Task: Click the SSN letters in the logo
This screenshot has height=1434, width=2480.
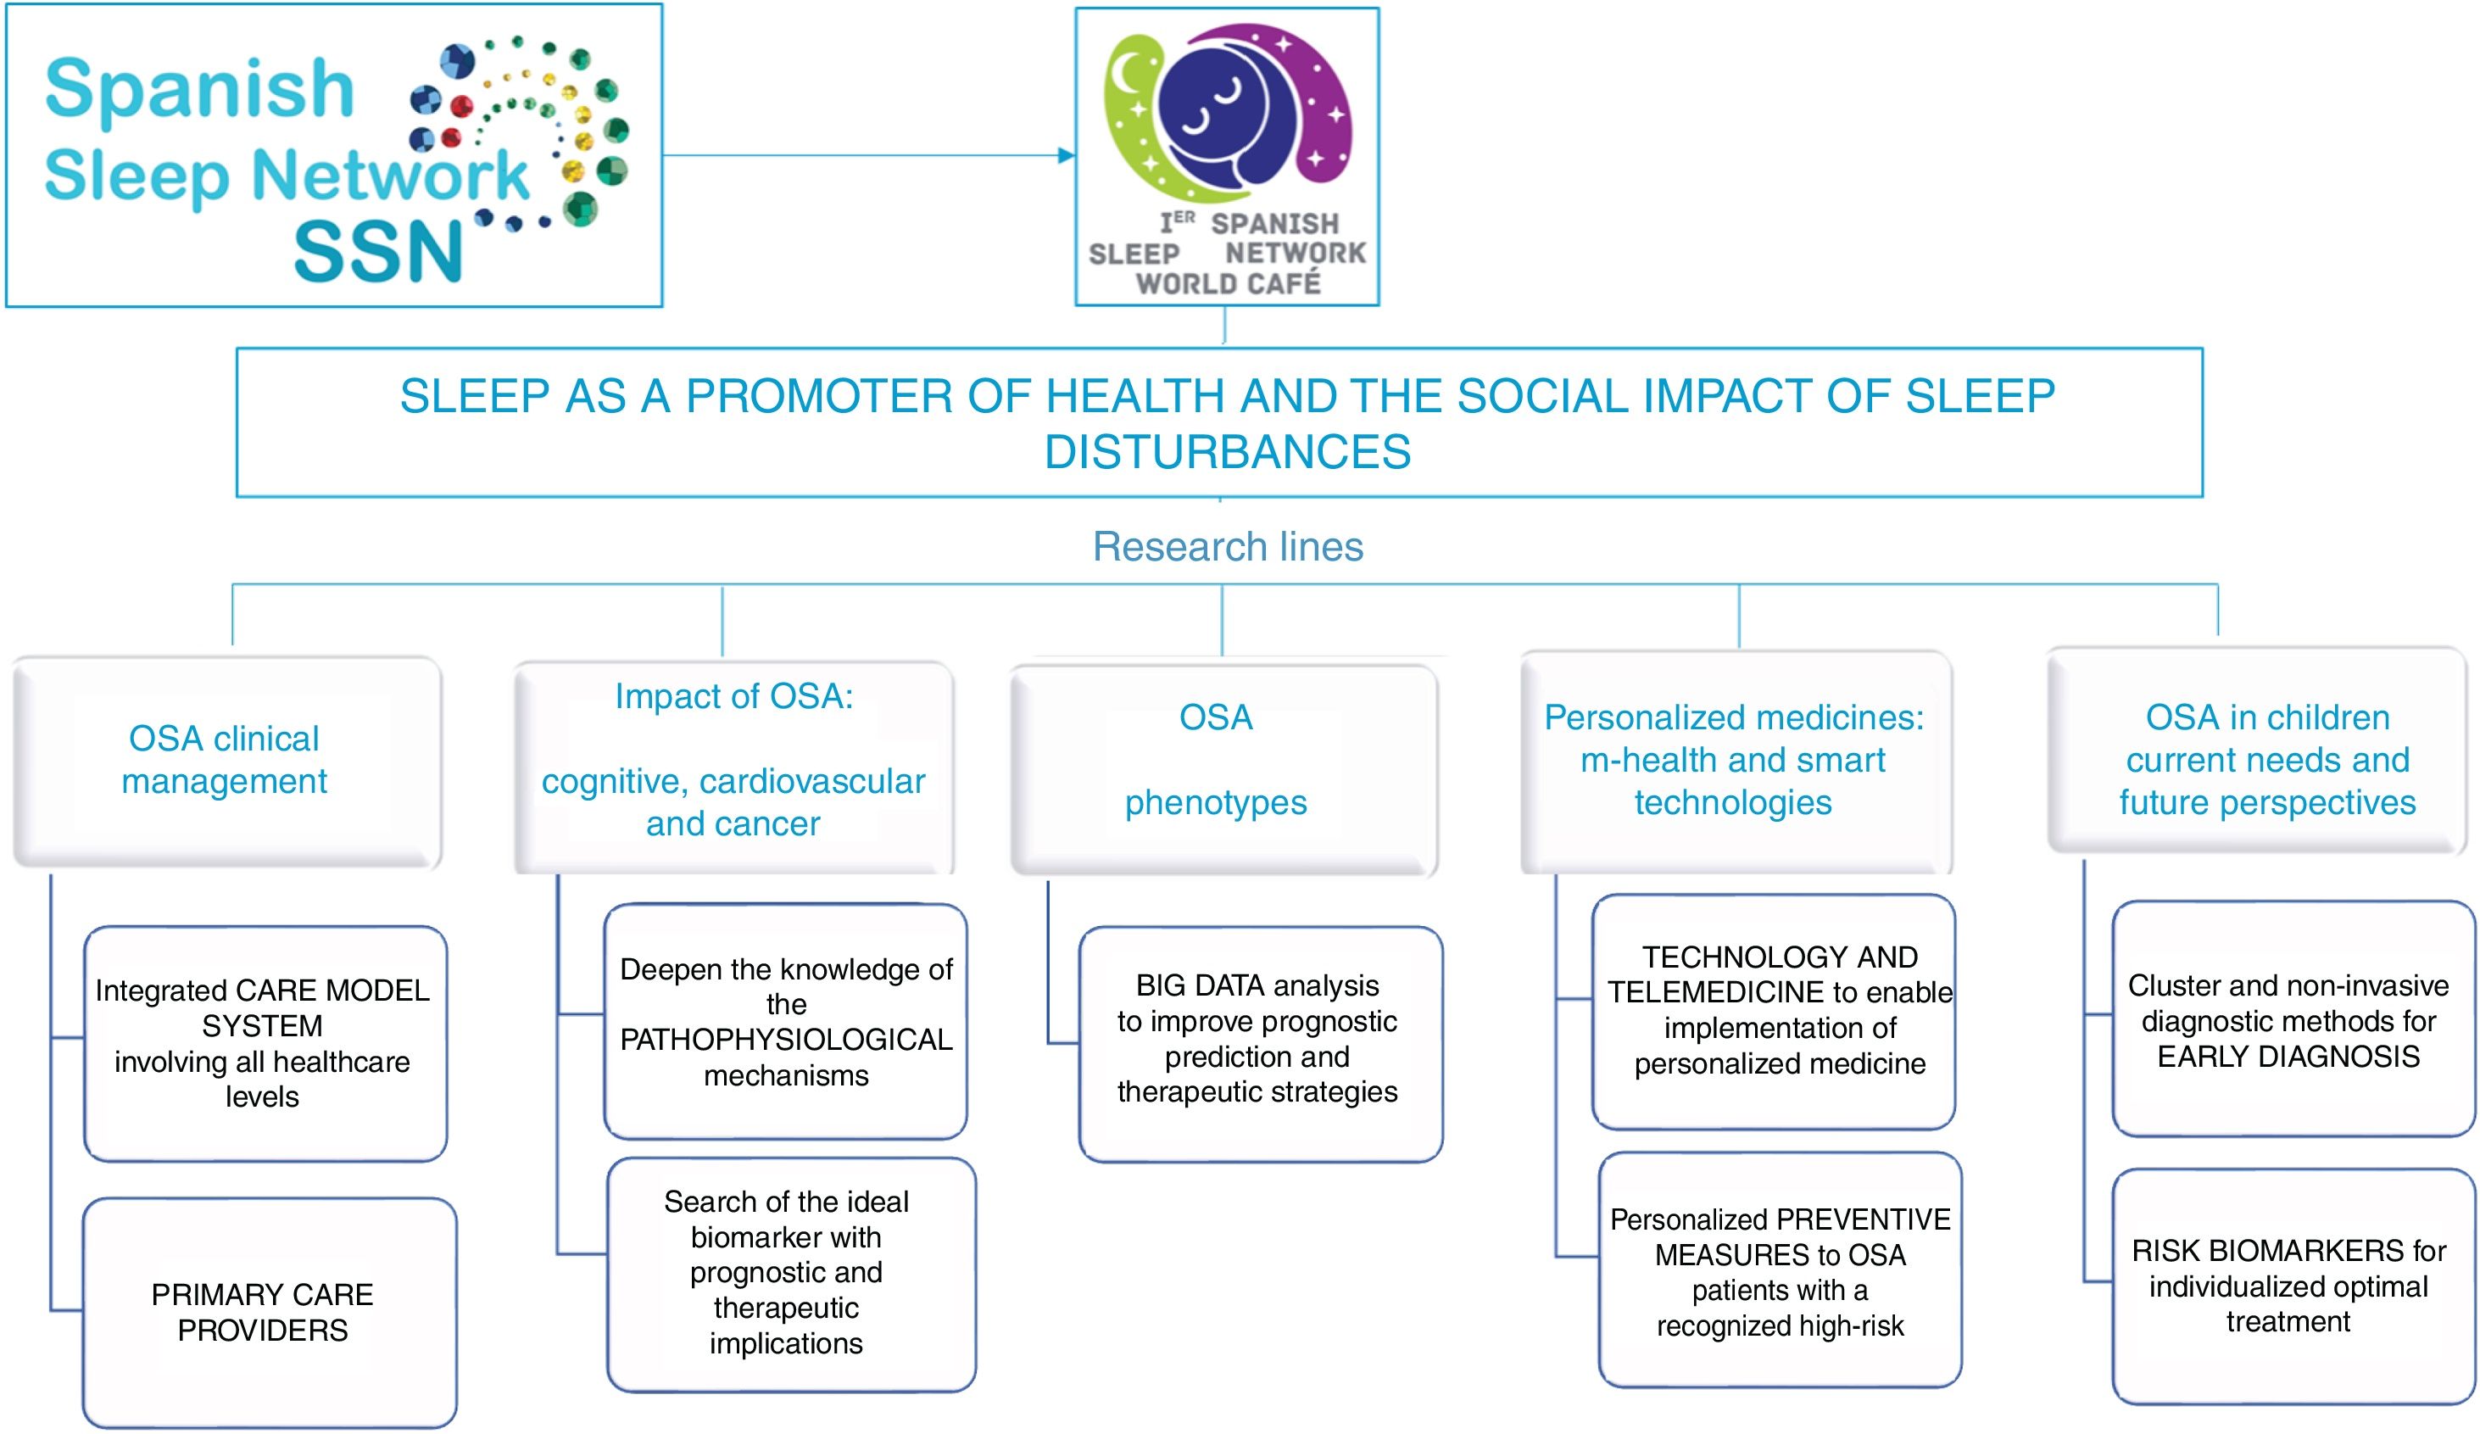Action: tap(378, 252)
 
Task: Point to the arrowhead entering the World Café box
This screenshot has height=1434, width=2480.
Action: tap(1067, 155)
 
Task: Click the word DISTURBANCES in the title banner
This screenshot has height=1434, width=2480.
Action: tap(1227, 453)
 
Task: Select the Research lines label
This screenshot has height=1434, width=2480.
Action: tap(1227, 547)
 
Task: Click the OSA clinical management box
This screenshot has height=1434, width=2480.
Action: tap(226, 761)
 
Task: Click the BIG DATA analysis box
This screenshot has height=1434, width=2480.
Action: tap(1259, 1041)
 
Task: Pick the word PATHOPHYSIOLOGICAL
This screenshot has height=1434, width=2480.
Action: tap(785, 1040)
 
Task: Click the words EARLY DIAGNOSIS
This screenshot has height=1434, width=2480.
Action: tap(2288, 1057)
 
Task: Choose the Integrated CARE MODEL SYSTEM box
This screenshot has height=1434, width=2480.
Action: tap(264, 1042)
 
